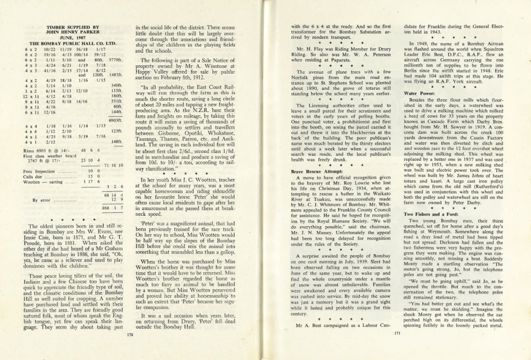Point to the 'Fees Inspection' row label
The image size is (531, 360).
[39, 171]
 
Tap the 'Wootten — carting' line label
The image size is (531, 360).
[43, 182]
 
